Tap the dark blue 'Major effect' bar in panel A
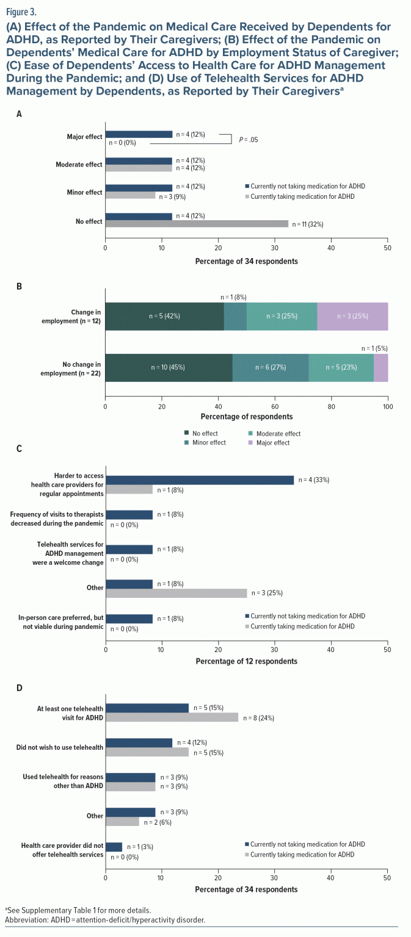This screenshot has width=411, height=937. [x=139, y=134]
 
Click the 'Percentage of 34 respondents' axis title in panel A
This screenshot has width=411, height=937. [x=246, y=261]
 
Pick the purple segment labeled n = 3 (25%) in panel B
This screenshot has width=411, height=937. [x=352, y=316]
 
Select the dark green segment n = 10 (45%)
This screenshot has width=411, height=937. [x=169, y=367]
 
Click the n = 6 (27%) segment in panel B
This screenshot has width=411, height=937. [x=270, y=367]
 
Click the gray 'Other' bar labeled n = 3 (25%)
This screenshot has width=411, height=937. [x=176, y=592]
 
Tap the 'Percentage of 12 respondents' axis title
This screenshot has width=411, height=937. [x=246, y=661]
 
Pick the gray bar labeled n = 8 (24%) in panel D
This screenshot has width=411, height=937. [x=172, y=717]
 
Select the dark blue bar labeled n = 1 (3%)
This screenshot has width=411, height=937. [x=114, y=847]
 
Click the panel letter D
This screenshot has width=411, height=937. [x=20, y=687]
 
